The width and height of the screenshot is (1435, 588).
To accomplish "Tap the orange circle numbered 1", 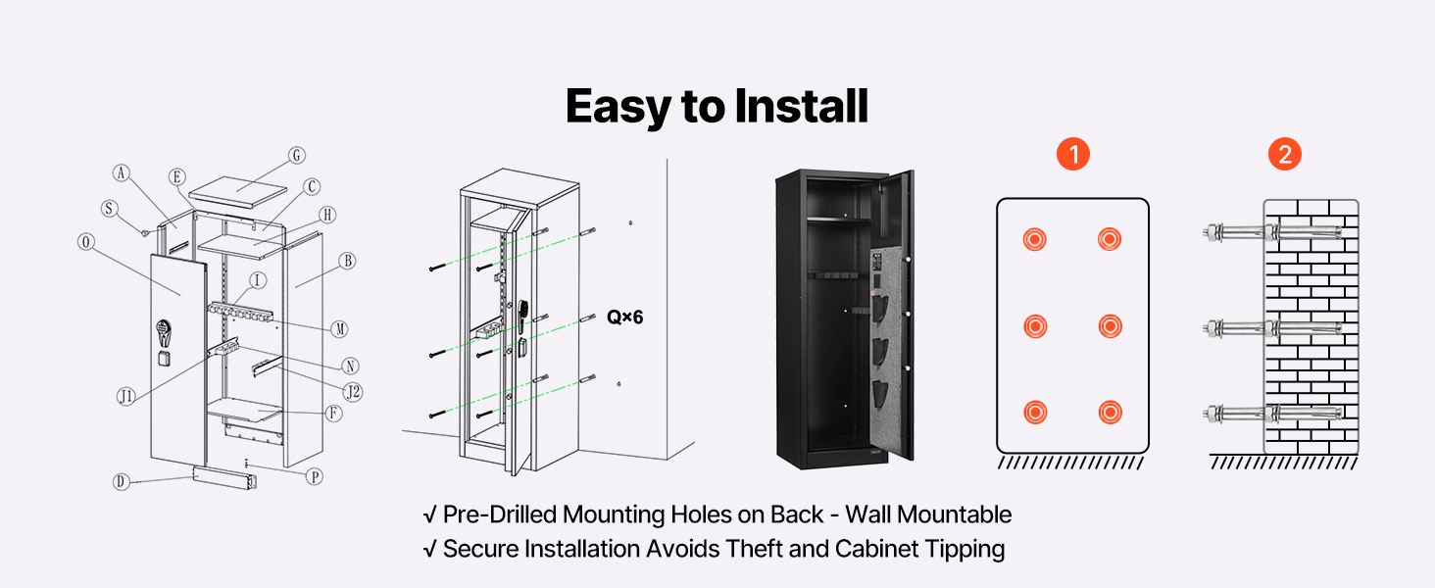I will tap(1072, 154).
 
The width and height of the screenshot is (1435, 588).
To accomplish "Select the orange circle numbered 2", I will tap(1284, 154).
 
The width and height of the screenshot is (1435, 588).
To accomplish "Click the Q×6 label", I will tap(625, 317).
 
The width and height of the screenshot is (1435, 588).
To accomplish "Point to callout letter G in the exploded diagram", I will tap(297, 155).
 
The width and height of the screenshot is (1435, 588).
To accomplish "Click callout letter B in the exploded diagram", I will tap(346, 261).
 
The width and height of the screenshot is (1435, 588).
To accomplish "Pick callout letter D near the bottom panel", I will tap(121, 481).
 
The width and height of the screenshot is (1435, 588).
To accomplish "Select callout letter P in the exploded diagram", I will tap(315, 476).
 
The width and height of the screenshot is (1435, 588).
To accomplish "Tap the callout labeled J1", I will tap(125, 396).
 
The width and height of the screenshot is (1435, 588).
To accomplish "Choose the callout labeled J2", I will tap(354, 392).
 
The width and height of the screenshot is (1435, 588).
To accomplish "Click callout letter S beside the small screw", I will tap(110, 208).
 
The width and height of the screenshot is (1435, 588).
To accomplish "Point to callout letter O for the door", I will tap(86, 242).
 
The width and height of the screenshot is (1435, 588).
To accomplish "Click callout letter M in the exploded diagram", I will tap(339, 328).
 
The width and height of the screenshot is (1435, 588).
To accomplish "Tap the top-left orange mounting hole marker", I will tap(1033, 239).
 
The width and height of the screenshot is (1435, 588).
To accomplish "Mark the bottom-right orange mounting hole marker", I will tap(1109, 413).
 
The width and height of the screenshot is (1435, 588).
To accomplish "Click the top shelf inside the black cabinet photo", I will tap(836, 222).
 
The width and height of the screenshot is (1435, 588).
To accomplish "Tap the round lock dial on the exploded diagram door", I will tap(163, 333).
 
